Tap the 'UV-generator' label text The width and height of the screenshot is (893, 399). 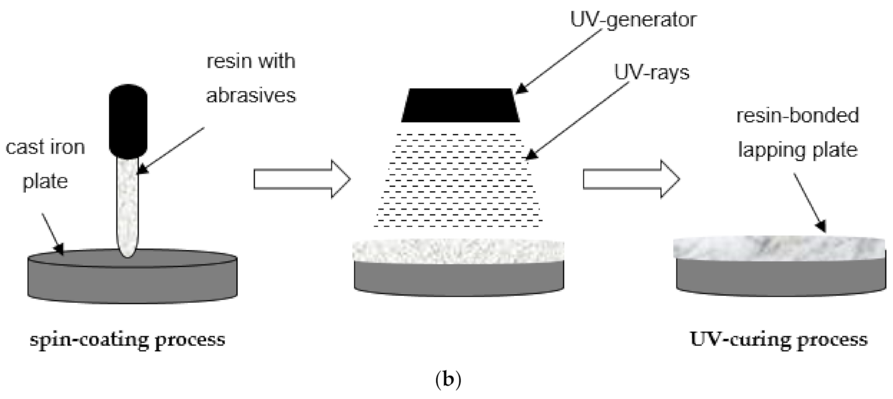click(633, 20)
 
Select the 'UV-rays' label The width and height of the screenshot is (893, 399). click(651, 72)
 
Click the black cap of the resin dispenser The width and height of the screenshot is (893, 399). click(128, 120)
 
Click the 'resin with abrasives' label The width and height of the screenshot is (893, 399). click(251, 78)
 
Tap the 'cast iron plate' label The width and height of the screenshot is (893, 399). click(45, 164)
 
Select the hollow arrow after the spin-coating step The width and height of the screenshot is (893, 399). click(301, 179)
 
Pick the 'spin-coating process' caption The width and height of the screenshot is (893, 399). click(127, 340)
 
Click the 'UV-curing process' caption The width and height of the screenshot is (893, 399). click(778, 340)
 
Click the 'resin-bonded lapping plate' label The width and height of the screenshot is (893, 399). click(797, 132)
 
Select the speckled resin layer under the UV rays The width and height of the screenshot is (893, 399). click(458, 251)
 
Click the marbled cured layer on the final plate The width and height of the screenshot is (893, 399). click(779, 248)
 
